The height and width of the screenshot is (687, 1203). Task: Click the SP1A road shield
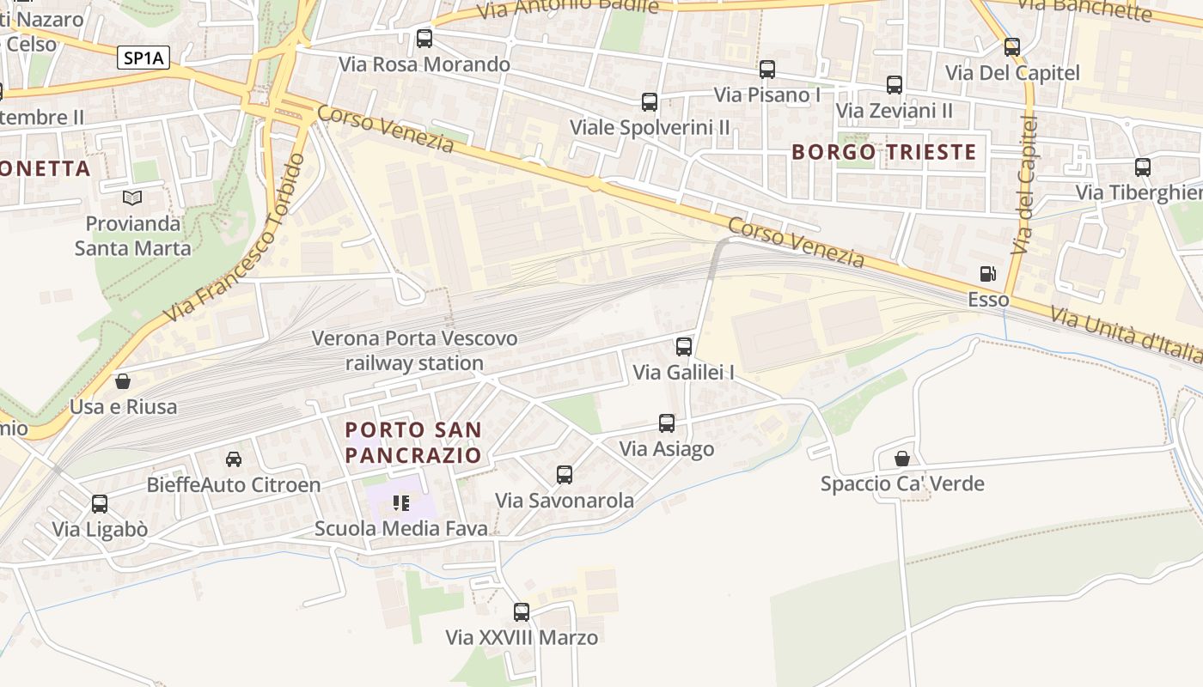[144, 58]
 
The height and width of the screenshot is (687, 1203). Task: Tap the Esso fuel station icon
[988, 274]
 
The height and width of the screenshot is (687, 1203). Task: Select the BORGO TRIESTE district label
[883, 152]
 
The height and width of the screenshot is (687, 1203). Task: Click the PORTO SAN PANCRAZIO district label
[413, 441]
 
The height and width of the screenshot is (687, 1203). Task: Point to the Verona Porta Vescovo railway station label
[414, 350]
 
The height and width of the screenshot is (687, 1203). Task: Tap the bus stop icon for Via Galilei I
[684, 347]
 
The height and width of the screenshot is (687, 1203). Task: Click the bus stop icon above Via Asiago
[667, 423]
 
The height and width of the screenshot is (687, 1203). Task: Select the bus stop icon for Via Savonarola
[565, 475]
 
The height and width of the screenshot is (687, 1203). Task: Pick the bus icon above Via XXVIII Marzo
[522, 612]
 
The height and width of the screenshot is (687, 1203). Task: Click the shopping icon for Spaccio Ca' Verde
[902, 459]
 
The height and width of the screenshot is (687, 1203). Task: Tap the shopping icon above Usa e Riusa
[123, 381]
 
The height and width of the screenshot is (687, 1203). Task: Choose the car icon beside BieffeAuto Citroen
[233, 459]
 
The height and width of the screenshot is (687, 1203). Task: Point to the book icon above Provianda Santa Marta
[132, 198]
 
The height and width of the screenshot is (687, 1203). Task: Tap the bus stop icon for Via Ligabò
[100, 504]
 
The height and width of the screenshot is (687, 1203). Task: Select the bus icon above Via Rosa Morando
[424, 39]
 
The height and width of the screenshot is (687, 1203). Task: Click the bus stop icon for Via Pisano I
[767, 70]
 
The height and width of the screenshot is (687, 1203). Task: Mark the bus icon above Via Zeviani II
[895, 85]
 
